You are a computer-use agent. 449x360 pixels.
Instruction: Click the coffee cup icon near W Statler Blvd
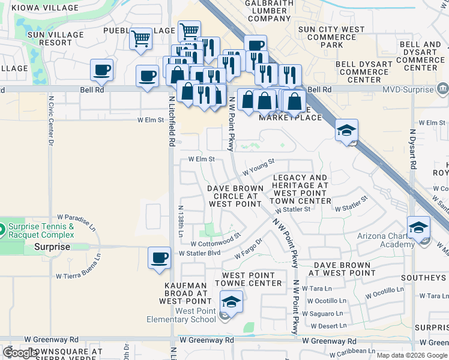click(159, 257)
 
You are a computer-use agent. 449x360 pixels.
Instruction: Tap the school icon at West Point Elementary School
click(231, 301)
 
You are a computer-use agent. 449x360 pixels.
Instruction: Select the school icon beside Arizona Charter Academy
click(418, 227)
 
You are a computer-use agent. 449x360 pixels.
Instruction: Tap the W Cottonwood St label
click(215, 241)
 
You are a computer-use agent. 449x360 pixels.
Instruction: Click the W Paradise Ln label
click(76, 221)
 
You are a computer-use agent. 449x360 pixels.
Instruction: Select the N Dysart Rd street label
click(412, 148)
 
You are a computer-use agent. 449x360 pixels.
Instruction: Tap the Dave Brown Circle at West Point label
click(235, 196)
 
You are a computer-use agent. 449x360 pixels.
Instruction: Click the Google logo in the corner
click(20, 353)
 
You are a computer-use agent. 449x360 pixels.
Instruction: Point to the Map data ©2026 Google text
click(411, 355)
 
